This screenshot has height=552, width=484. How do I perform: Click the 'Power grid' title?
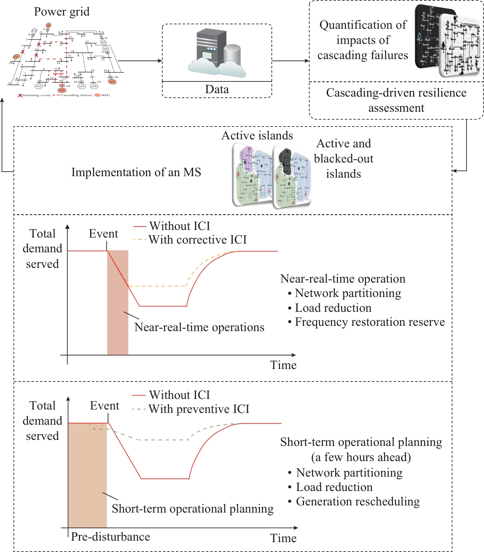click(62, 12)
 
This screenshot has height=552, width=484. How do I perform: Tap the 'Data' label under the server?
click(217, 89)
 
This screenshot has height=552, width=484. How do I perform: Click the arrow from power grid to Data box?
click(140, 61)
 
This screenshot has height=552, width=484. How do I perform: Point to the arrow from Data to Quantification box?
click(291, 61)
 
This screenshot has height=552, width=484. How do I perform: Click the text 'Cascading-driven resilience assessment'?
click(396, 100)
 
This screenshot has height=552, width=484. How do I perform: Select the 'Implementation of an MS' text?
click(136, 172)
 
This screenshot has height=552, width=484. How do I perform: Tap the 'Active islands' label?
click(257, 136)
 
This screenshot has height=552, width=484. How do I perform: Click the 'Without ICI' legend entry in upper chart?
click(179, 226)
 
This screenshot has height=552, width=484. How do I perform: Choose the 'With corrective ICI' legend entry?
click(197, 240)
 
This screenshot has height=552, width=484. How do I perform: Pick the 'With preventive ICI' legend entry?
click(199, 409)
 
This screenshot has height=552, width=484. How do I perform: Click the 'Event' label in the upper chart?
click(103, 234)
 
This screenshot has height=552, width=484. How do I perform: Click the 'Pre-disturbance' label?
click(110, 537)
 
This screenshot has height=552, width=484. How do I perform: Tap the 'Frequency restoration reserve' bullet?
click(370, 322)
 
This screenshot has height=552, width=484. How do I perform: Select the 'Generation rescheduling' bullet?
click(357, 502)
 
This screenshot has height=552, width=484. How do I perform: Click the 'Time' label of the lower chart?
click(283, 538)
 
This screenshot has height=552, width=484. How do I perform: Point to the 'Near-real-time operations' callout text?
click(199, 327)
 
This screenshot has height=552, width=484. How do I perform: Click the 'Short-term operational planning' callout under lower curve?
click(193, 509)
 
